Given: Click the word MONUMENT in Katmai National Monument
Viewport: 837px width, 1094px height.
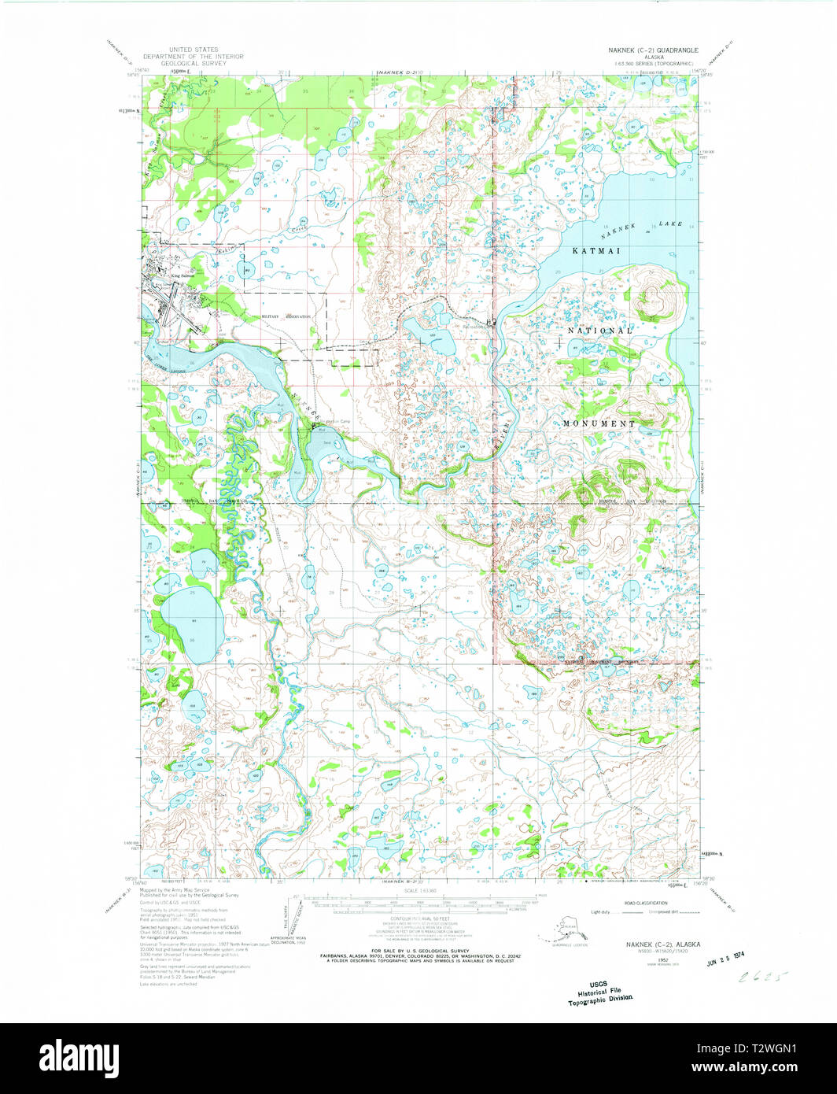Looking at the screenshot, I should tap(599, 423).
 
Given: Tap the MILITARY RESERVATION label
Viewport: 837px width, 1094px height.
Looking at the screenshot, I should tap(286, 316).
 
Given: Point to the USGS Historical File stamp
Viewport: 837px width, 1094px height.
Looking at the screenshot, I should tap(603, 993).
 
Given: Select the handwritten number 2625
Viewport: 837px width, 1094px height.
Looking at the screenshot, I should tap(759, 979).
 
